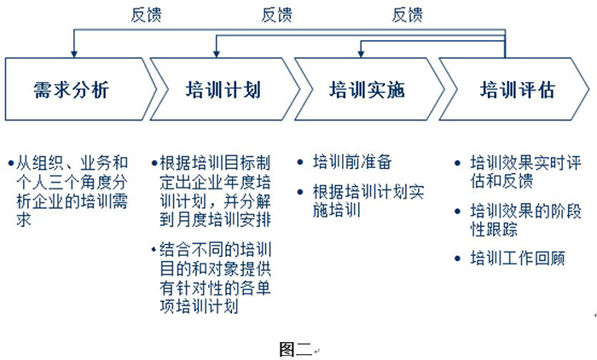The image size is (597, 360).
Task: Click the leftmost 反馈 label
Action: click(x=145, y=14)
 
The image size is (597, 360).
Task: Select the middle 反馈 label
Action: click(x=276, y=14)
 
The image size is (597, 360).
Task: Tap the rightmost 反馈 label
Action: click(x=407, y=14)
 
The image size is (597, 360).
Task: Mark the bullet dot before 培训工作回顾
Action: click(x=461, y=257)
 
